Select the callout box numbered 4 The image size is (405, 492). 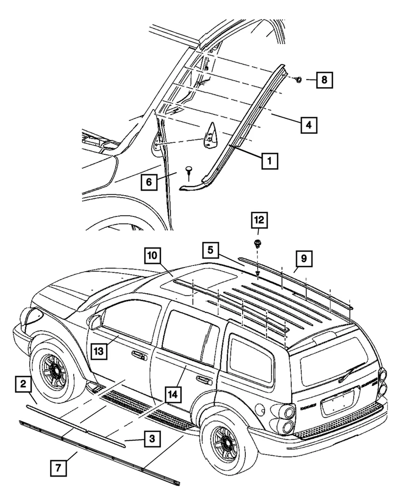tap(308, 124)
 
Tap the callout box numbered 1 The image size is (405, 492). tap(269, 161)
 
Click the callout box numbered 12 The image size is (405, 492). tap(259, 221)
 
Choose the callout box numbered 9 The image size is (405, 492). tap(304, 258)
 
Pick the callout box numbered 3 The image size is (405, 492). tap(152, 439)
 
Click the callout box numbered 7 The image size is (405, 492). tap(57, 467)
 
